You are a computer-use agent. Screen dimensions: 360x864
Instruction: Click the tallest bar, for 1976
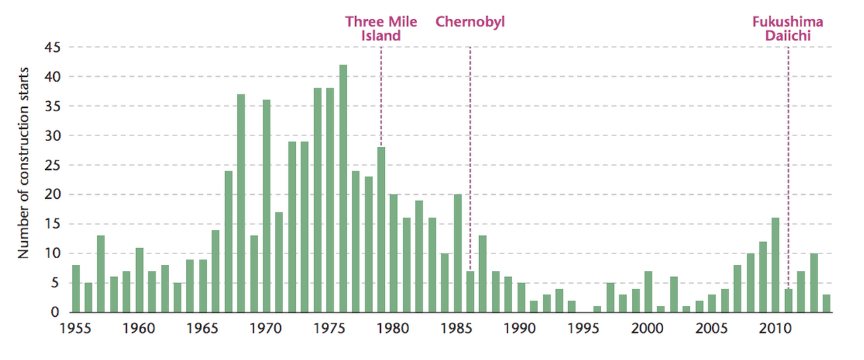[343, 189]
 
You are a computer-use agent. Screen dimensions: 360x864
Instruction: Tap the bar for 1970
[267, 206]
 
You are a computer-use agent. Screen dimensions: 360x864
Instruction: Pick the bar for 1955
[76, 289]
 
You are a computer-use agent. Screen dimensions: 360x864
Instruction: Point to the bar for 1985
[458, 253]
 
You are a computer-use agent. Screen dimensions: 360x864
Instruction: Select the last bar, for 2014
[827, 303]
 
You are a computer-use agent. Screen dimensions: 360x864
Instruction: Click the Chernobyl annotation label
[470, 22]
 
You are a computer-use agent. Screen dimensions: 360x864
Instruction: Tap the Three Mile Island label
[381, 28]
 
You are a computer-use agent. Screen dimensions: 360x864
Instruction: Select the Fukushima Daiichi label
[787, 28]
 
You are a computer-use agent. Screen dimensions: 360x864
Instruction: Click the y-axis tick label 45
[53, 48]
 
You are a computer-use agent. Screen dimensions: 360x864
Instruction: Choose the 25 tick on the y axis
[53, 165]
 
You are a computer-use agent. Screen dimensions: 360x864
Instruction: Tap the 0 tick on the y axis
[57, 312]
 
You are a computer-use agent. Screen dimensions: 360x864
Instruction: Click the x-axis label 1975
[330, 330]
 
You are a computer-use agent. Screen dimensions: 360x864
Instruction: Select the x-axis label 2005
[712, 330]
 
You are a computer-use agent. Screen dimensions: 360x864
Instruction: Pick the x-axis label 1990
[521, 330]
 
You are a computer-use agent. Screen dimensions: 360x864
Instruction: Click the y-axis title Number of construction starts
[24, 162]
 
